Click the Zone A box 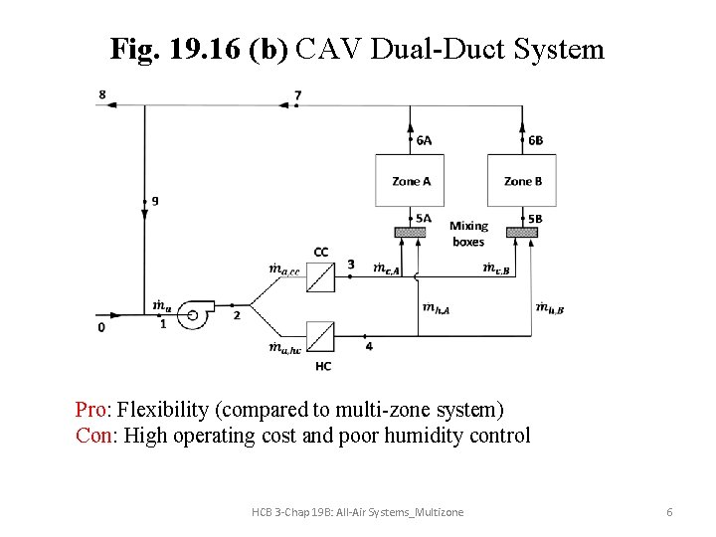click(x=410, y=181)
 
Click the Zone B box click(x=521, y=181)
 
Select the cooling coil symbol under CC click(x=320, y=277)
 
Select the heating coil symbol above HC click(x=320, y=335)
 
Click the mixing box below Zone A click(x=410, y=233)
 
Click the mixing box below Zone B click(x=521, y=233)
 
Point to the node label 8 click(x=101, y=94)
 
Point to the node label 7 click(x=297, y=95)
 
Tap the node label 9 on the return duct click(x=154, y=200)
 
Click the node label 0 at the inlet click(x=100, y=325)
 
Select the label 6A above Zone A click(x=424, y=141)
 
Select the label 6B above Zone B click(x=535, y=141)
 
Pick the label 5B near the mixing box click(x=535, y=219)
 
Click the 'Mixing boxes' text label click(x=468, y=234)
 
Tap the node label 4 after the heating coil click(x=369, y=346)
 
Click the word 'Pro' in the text click(x=94, y=410)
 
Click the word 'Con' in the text click(x=95, y=436)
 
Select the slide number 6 click(x=669, y=511)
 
